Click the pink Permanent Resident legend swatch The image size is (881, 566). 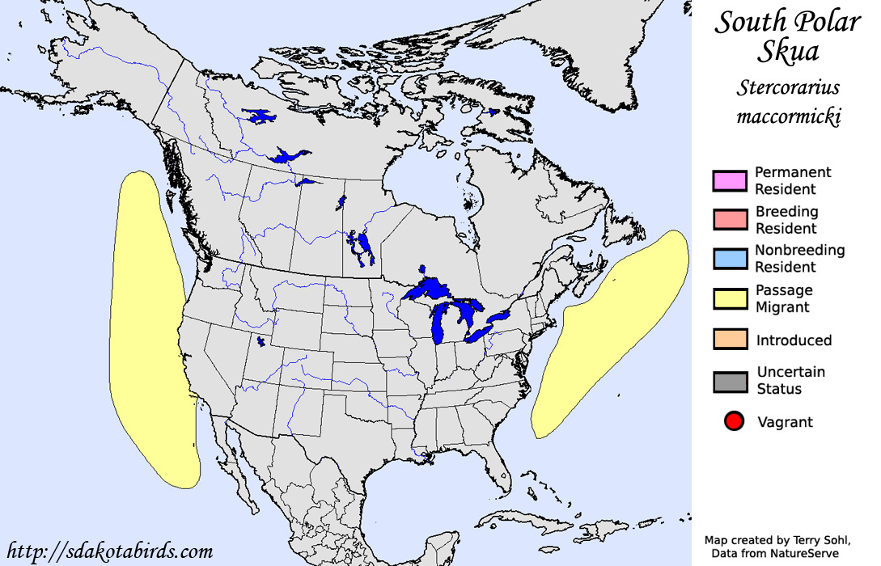(730, 181)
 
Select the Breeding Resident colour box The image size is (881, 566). (730, 220)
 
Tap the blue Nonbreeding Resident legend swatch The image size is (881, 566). (730, 259)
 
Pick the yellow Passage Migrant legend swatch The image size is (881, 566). (730, 298)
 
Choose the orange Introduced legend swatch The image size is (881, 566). (730, 340)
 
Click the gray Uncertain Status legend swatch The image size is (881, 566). (730, 381)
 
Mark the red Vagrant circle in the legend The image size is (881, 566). (734, 421)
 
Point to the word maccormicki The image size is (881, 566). (789, 116)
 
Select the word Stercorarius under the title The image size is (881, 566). (789, 87)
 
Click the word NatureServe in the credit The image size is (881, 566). (805, 553)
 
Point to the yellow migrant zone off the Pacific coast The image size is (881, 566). (150, 323)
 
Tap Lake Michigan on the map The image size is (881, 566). (441, 323)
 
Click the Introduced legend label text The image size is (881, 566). (794, 340)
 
